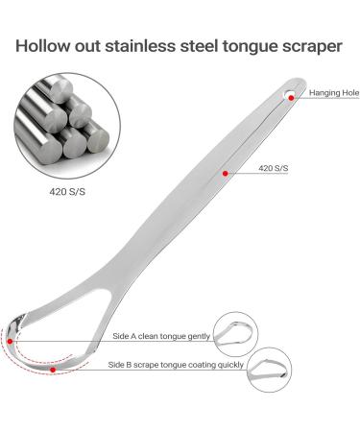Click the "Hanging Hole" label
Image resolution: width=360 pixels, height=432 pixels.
click(333, 93)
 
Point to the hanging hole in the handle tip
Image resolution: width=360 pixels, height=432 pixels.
click(289, 94)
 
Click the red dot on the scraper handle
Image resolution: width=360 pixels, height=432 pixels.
click(224, 173)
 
